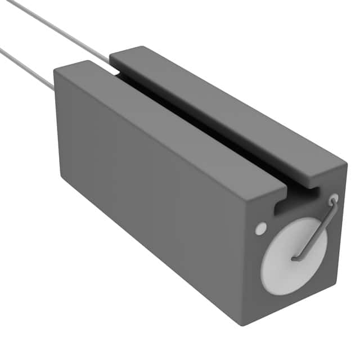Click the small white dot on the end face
260,228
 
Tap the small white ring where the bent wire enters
334,199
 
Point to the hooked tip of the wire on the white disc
294,258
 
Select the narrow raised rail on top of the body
225,112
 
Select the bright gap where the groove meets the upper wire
115,71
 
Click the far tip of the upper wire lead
8,2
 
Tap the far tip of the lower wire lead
2,50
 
